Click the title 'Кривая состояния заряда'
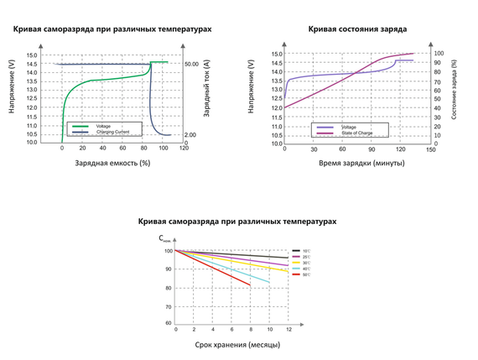[x=357, y=29]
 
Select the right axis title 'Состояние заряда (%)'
[x=454, y=88]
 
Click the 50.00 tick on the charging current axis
[x=191, y=64]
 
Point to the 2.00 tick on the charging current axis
[x=190, y=134]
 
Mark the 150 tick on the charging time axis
[x=430, y=150]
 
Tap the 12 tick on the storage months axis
[x=288, y=331]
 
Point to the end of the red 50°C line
[x=250, y=285]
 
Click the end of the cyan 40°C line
[x=270, y=282]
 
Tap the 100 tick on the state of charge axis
[x=437, y=54]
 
